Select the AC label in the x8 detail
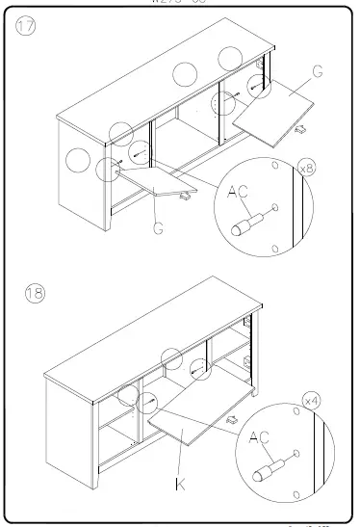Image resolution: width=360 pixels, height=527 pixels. [x=238, y=193]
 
